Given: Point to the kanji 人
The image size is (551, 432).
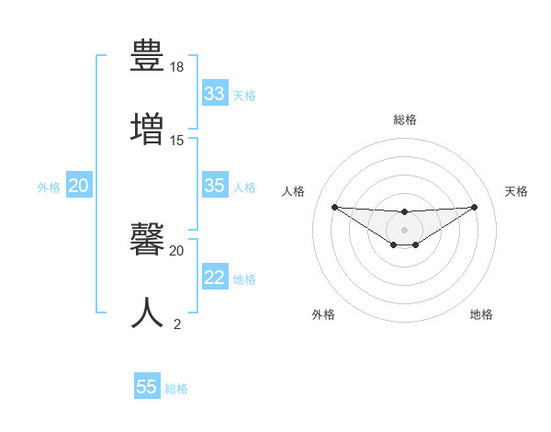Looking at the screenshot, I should coord(149,312).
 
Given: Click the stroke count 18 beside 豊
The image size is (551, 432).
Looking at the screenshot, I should coord(177,68).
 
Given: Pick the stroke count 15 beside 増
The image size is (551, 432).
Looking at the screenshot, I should coord(177,141).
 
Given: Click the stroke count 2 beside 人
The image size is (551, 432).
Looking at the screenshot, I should coord(177,324).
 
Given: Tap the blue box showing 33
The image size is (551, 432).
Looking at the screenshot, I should coord(215,94).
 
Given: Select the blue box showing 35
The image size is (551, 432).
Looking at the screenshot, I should coord(215,186).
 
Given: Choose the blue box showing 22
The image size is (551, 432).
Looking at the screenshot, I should coord(215,278).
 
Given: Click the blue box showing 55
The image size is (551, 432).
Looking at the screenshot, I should coord(147,387).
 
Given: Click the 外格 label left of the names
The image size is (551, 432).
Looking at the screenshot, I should coord(49,187).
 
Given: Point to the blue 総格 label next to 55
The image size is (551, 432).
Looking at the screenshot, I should coord(176,389).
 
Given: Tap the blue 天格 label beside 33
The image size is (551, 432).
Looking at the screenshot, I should coord(244,96).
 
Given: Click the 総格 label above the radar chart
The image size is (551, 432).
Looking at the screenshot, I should coord(405,119).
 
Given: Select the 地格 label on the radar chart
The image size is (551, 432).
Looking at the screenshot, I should coord(481,314).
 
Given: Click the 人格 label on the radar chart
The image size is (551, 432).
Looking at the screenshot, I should coord(293,191).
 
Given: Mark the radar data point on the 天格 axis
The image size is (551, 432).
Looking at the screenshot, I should coord(475,206).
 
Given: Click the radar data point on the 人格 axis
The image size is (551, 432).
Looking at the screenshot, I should coord(334,206).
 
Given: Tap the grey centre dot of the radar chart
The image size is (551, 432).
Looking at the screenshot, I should coord(404,229).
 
